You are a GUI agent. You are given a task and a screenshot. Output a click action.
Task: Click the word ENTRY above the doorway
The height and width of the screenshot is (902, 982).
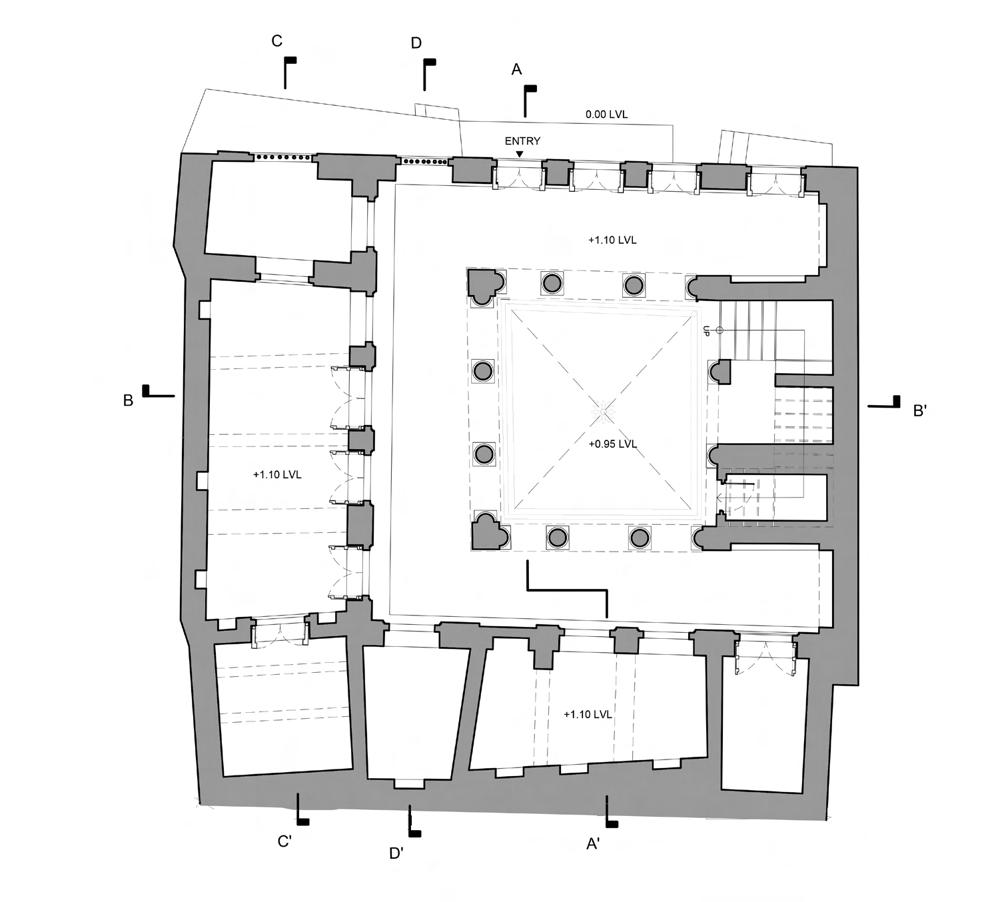pos(522,142)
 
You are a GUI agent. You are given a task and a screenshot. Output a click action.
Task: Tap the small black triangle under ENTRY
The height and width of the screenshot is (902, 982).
pos(520,154)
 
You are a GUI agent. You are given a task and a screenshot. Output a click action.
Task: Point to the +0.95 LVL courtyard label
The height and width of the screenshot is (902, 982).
pos(613,443)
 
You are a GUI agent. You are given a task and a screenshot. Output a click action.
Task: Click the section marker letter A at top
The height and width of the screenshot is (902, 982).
pos(516,69)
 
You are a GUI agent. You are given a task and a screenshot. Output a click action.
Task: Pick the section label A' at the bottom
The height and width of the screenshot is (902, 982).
pos(592,845)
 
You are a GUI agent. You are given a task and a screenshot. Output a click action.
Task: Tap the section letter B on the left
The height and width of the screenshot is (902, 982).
pos(128,401)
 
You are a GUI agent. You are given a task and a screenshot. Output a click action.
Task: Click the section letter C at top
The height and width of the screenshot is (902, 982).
pos(277,41)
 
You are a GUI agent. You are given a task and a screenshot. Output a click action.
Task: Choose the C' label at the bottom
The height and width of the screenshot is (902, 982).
pos(285,841)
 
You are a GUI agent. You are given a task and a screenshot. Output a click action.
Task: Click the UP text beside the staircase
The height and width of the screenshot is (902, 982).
pos(706,331)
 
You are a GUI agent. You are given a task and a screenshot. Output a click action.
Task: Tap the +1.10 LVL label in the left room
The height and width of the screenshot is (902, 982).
pos(277,475)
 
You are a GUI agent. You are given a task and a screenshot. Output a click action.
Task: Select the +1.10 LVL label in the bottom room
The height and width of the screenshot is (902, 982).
pos(587,714)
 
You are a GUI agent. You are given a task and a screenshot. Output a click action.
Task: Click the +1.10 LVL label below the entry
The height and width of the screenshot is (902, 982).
pos(612,240)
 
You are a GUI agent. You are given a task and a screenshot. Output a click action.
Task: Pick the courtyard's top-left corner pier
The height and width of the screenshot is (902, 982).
pos(485,286)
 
